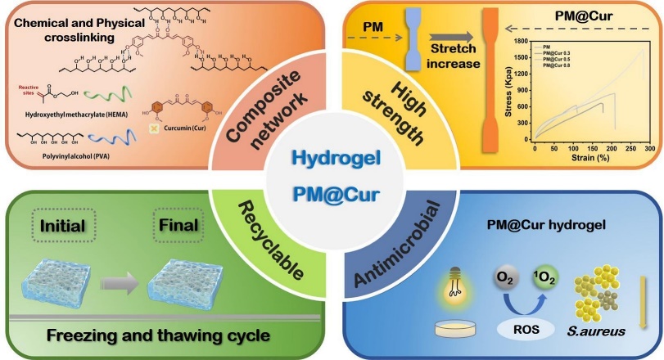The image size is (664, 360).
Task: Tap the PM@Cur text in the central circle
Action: coord(332,196)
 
